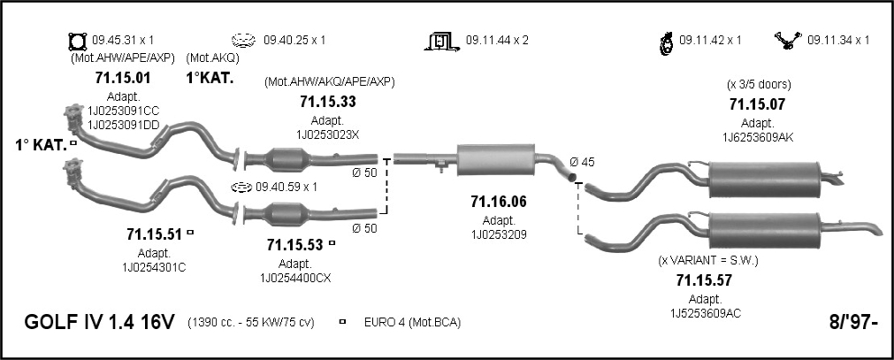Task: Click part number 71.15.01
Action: pyautogui.click(x=123, y=78)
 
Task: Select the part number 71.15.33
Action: pyautogui.click(x=328, y=102)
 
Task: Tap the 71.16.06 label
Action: pyautogui.click(x=499, y=201)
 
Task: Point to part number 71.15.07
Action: pyautogui.click(x=757, y=103)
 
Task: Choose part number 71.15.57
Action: pyautogui.click(x=704, y=280)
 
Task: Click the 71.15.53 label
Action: pyautogui.click(x=294, y=245)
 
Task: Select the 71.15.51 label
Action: pyautogui.click(x=154, y=234)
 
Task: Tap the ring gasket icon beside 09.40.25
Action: pyautogui.click(x=242, y=41)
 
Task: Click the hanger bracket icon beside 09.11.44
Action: pyautogui.click(x=441, y=41)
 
